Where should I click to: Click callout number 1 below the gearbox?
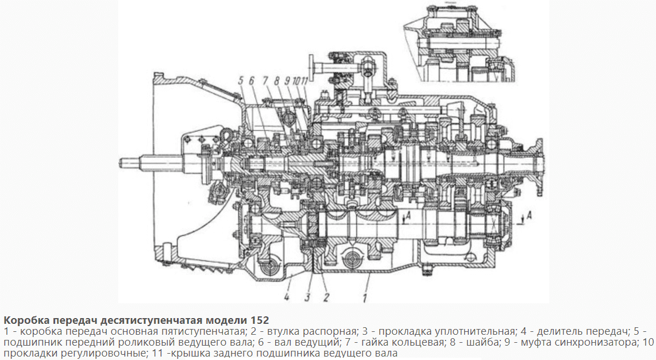point(365,297)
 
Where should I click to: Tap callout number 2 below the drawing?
point(326,297)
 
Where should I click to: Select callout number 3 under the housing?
point(307,297)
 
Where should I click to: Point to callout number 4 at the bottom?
point(286,297)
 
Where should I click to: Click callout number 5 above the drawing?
point(241,81)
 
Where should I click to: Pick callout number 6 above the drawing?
point(252,81)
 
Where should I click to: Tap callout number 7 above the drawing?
point(265,81)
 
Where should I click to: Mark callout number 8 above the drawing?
point(276,81)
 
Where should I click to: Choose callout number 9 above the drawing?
point(287,81)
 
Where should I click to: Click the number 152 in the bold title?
point(260,321)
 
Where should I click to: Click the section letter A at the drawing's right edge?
point(529,215)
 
